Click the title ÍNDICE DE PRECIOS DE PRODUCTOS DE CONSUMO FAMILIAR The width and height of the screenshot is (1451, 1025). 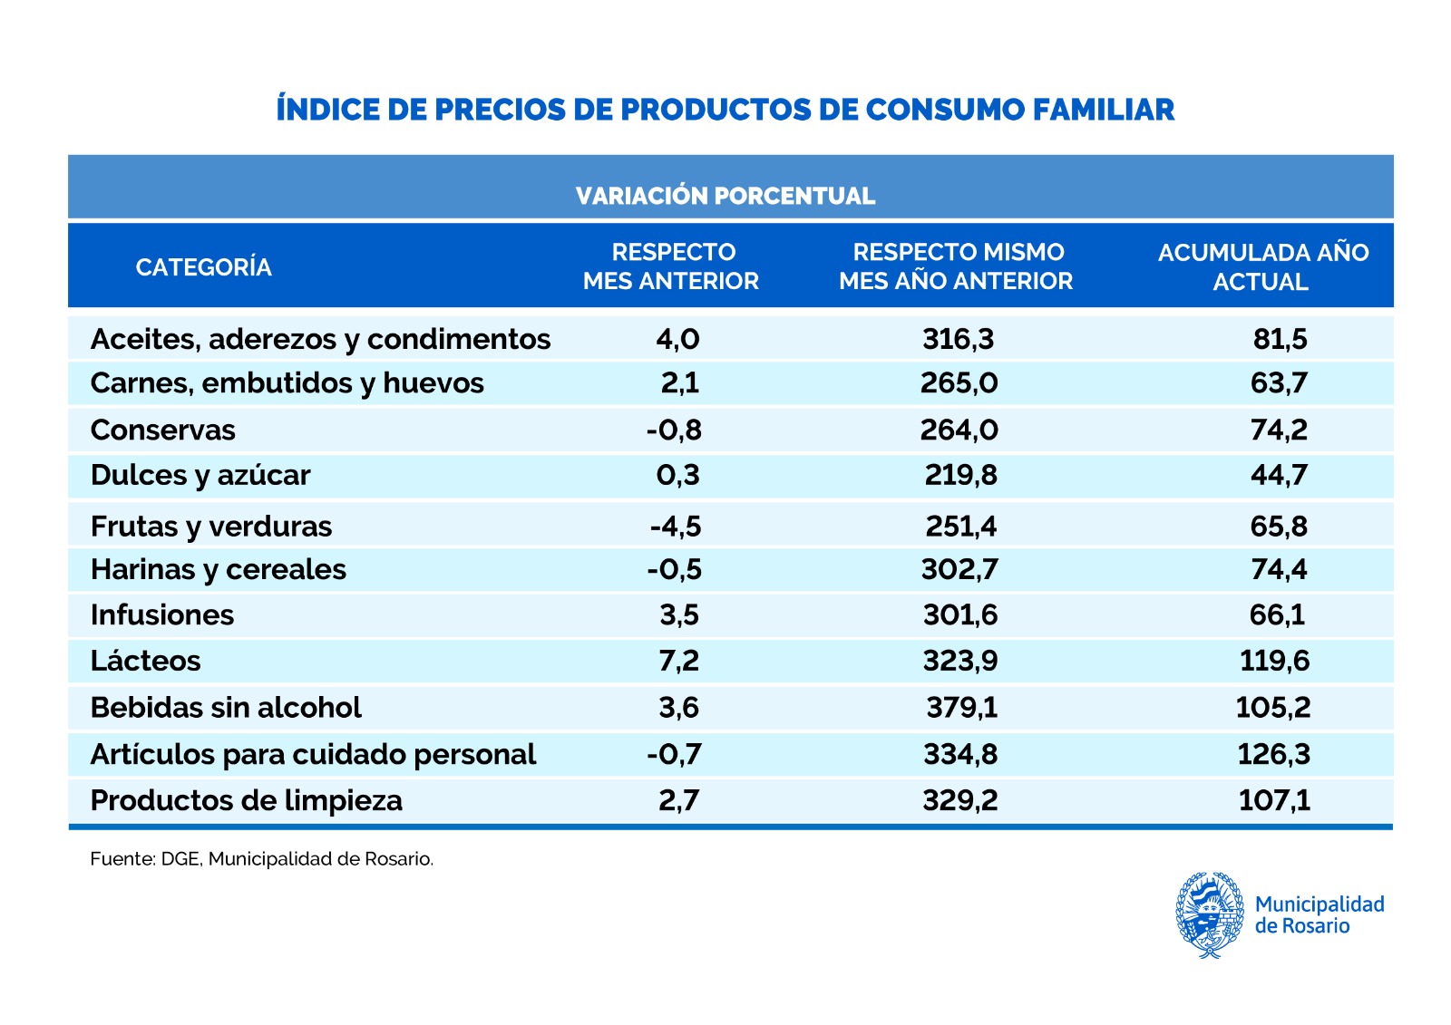point(725,110)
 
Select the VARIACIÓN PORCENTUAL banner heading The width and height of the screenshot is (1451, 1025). point(725,196)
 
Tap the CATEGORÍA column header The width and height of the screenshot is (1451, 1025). point(203,267)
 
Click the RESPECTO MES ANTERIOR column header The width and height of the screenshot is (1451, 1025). point(671,266)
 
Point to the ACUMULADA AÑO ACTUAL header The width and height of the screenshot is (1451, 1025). point(1262,266)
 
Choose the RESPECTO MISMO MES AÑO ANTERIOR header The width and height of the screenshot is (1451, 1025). point(957,266)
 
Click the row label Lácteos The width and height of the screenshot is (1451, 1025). point(146,661)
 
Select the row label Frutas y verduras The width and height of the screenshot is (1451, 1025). point(211,527)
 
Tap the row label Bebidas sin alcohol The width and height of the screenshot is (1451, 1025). point(226,707)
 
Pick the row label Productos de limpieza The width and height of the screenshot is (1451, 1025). point(247,800)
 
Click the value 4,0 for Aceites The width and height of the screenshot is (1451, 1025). point(677,339)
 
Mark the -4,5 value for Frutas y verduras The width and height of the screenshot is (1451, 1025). point(676,527)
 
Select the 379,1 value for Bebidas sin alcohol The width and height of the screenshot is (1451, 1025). point(961,707)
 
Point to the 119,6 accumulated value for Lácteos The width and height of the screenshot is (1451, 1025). point(1274,661)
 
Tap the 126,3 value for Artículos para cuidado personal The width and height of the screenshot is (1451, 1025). point(1274,754)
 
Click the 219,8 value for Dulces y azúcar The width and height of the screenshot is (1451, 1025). point(960,475)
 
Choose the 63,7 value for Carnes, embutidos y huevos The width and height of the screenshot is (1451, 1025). point(1279,383)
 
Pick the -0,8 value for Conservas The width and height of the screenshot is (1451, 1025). point(674,430)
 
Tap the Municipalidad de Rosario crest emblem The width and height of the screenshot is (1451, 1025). point(1210,914)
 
